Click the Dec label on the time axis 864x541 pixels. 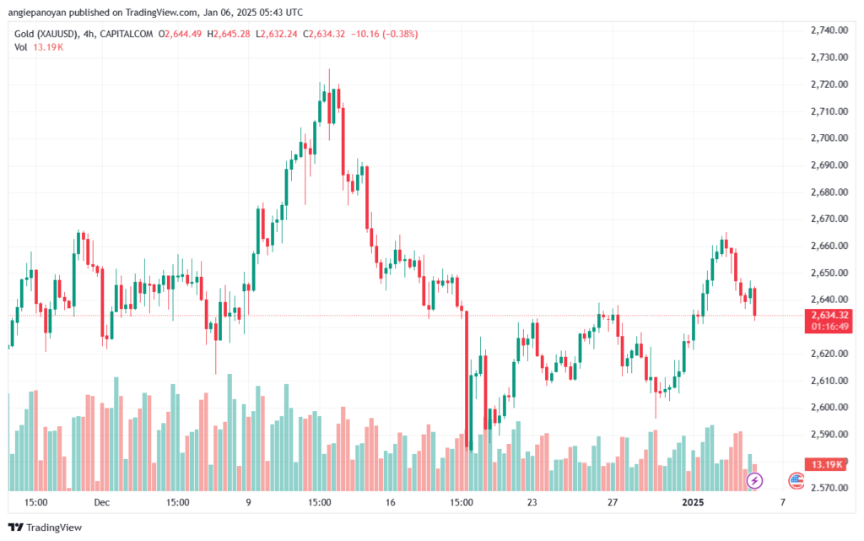(102, 502)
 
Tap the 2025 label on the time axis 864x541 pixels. (693, 502)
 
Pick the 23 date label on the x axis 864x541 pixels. (532, 502)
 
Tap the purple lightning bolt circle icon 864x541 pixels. (755, 480)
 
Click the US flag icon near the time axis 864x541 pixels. (796, 480)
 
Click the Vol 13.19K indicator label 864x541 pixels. (38, 47)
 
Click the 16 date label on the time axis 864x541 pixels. (389, 502)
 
